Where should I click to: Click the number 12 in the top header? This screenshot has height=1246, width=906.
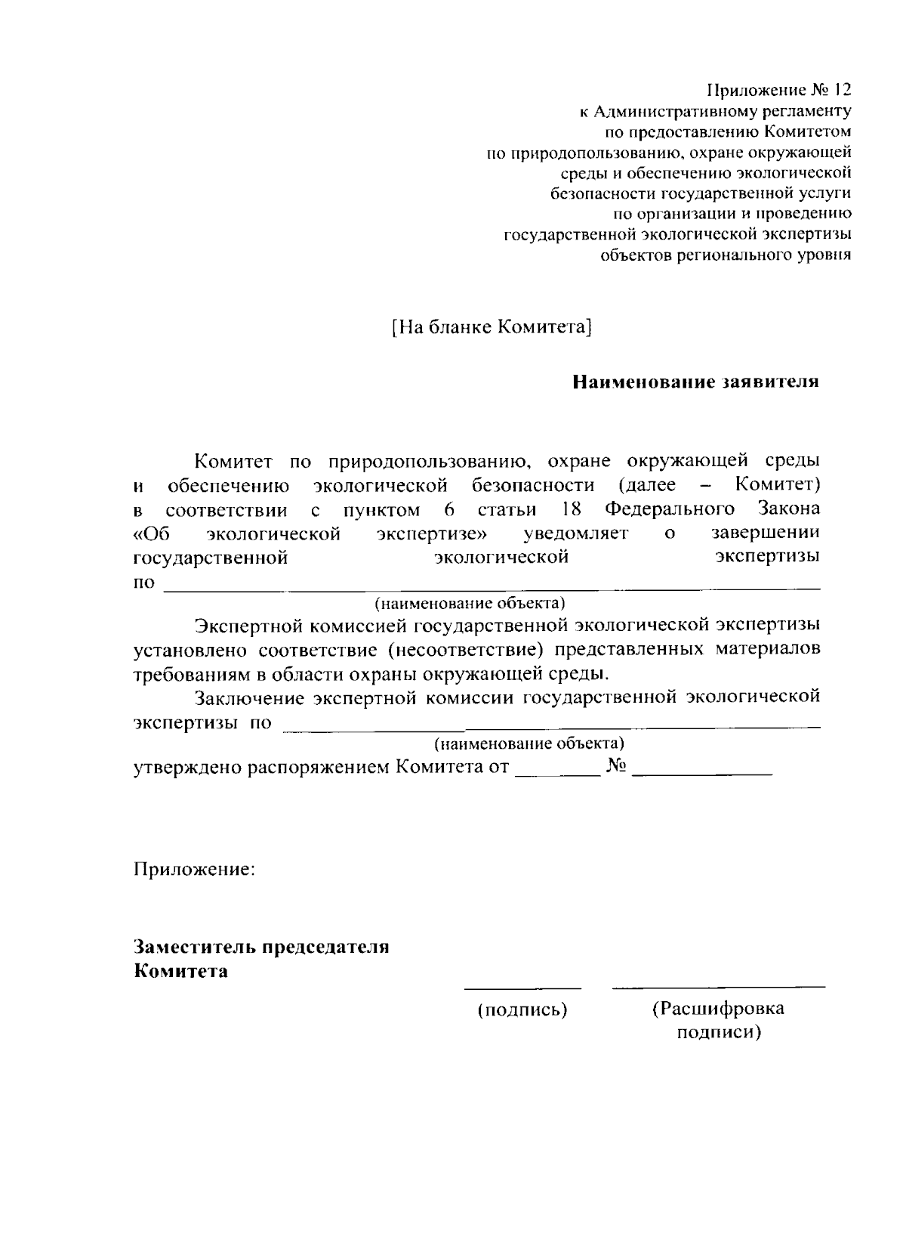(842, 91)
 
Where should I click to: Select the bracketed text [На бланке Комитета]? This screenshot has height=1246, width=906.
(491, 327)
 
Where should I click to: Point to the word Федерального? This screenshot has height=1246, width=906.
(670, 509)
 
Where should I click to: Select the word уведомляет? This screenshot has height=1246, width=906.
(576, 533)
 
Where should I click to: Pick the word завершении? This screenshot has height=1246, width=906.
(766, 533)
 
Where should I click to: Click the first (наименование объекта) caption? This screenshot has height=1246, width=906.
(470, 604)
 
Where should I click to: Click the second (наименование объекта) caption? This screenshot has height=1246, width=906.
(529, 744)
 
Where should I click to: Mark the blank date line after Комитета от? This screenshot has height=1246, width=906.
(556, 774)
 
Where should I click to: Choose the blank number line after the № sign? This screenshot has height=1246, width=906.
(702, 774)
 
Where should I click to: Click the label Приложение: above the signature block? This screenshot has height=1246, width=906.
(195, 869)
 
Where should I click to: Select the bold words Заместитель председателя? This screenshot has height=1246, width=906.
(262, 947)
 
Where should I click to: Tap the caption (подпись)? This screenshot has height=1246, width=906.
(522, 1009)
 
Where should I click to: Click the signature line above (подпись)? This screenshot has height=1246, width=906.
(522, 987)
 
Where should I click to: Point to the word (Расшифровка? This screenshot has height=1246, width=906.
(718, 1008)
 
